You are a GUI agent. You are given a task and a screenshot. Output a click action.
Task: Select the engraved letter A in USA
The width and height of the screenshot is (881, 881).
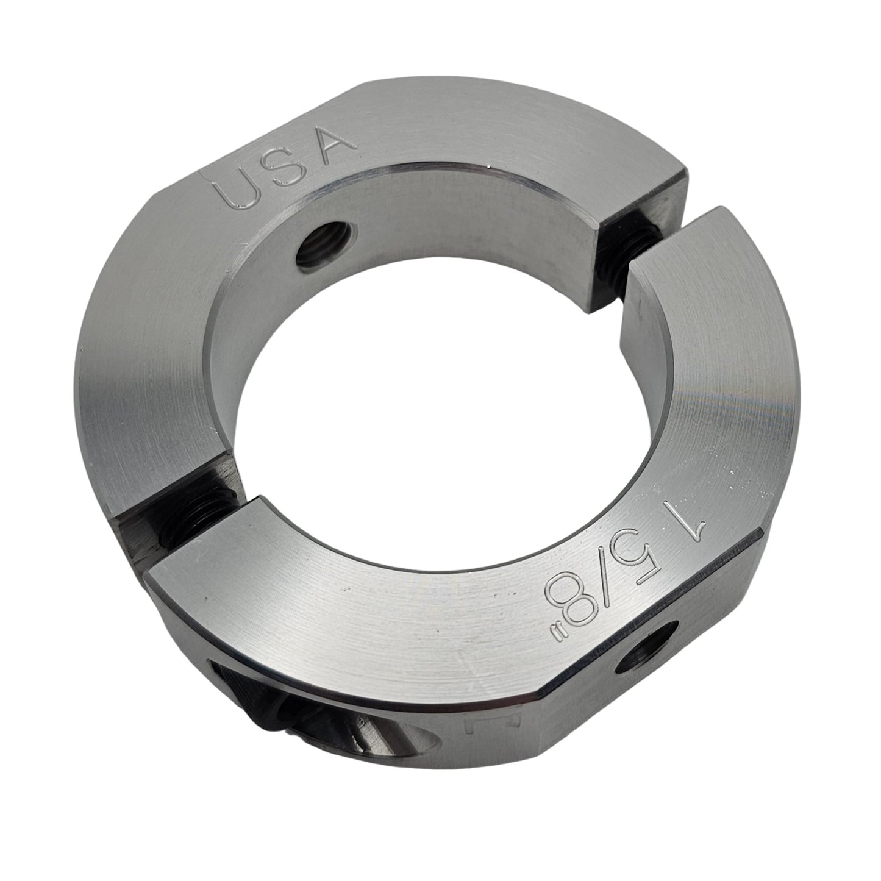(332, 144)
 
